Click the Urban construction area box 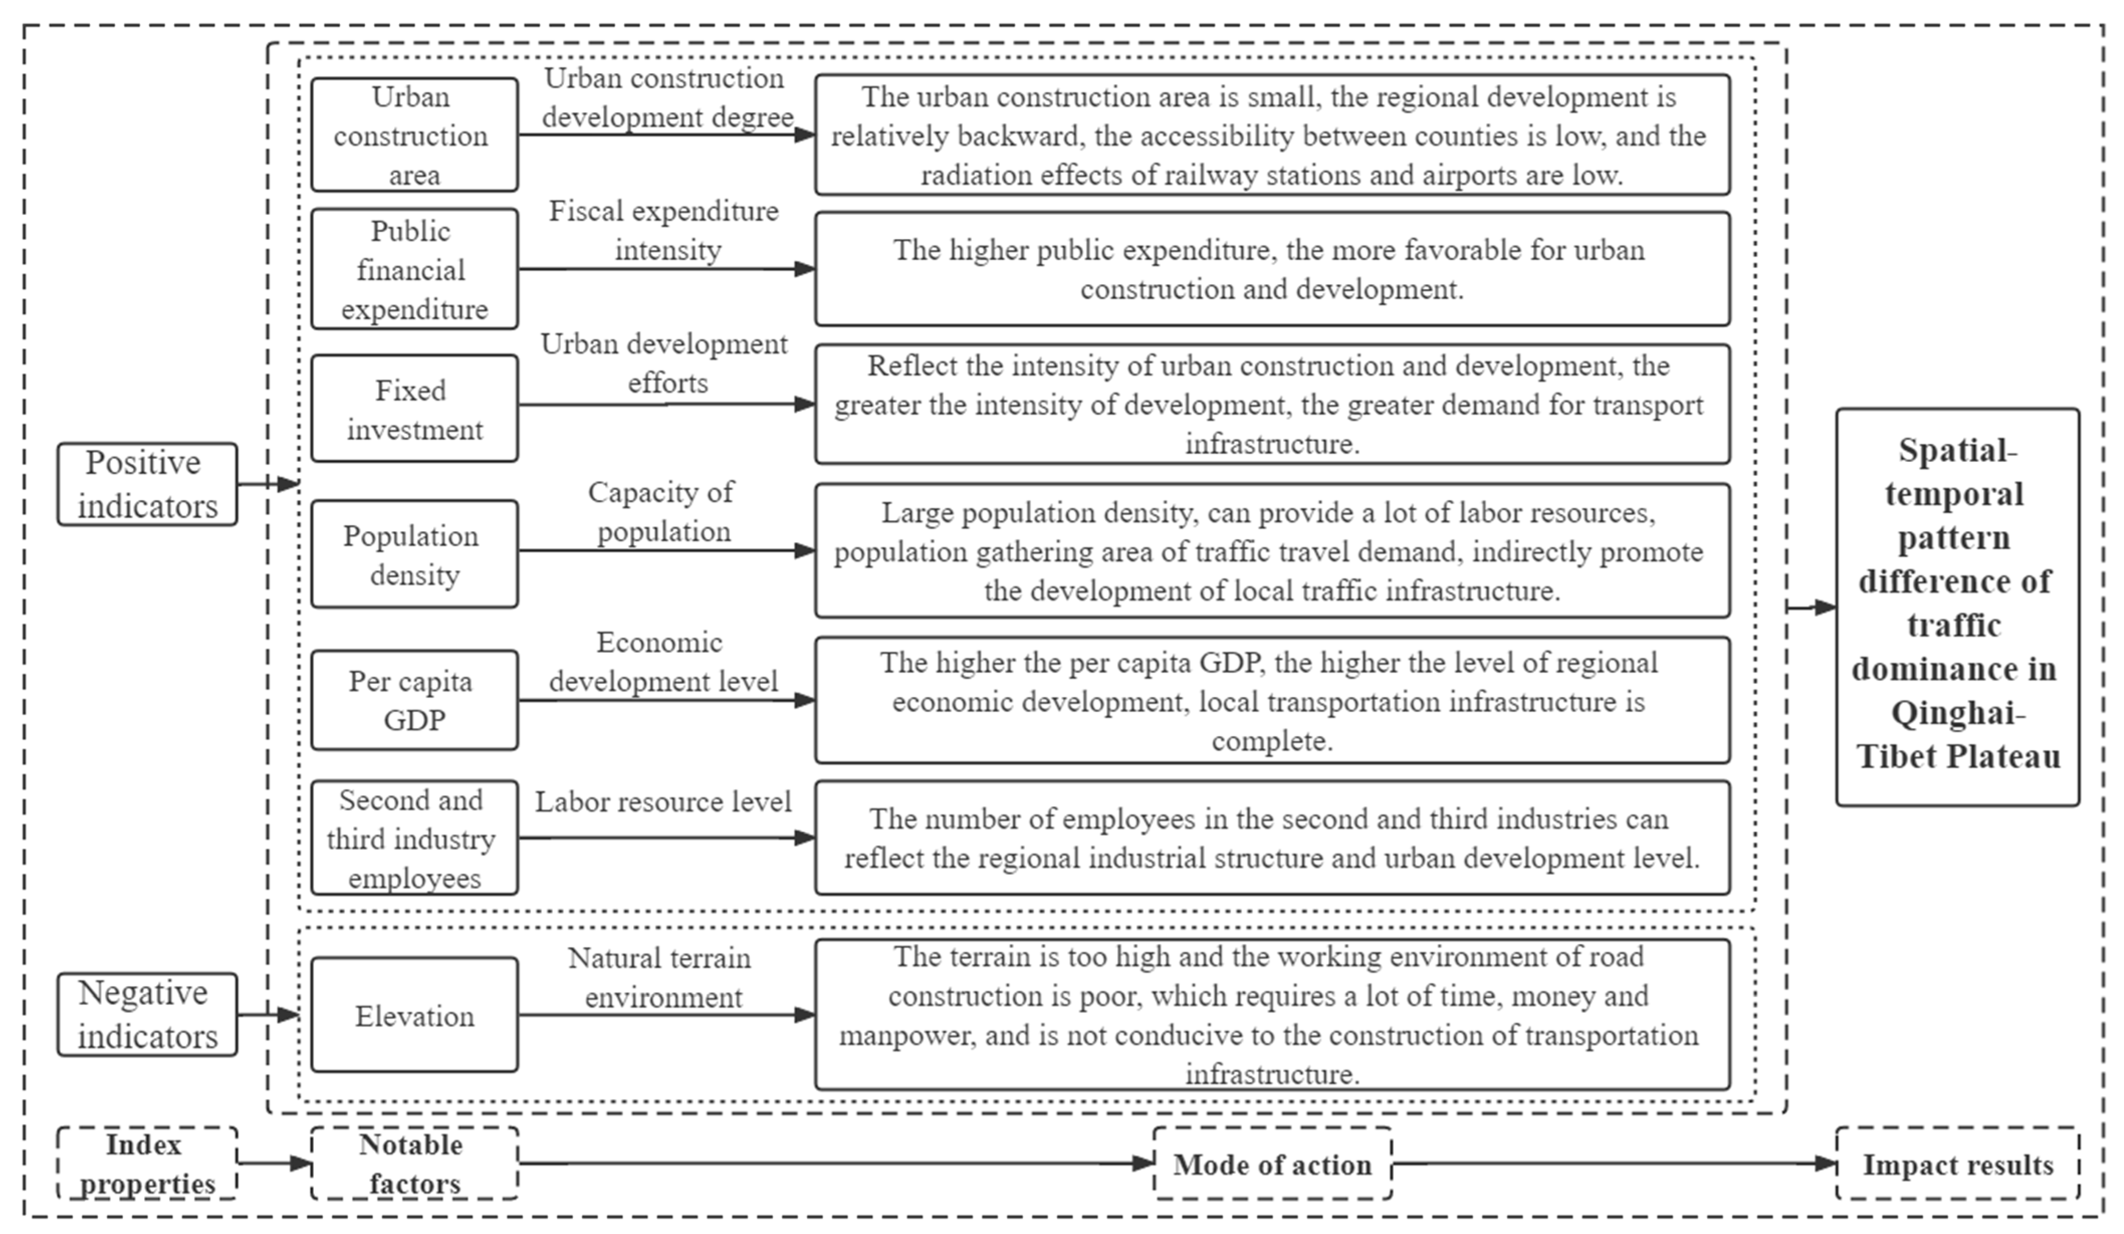tap(414, 135)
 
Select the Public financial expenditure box tap(414, 269)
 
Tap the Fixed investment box tap(414, 409)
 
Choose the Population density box tap(414, 554)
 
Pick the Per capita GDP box tap(414, 700)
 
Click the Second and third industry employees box tap(414, 838)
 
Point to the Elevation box tap(414, 1015)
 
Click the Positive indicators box tap(147, 484)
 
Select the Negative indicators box tap(147, 1014)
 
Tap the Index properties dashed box tap(147, 1163)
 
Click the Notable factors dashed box tap(414, 1163)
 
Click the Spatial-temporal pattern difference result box tap(1957, 607)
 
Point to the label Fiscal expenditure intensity tap(664, 230)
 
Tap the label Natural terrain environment tap(662, 978)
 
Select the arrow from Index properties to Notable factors tap(274, 1163)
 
